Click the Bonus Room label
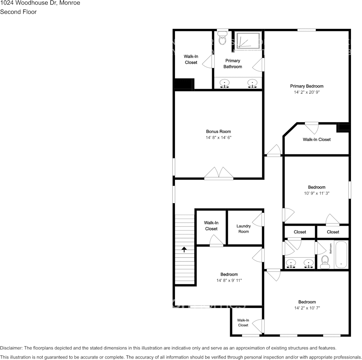[x=218, y=132]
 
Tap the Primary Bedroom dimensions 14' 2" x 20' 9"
[x=306, y=92]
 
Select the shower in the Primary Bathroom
[x=248, y=41]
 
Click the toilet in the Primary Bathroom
[x=222, y=39]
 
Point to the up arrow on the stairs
[x=184, y=250]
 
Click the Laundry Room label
[x=243, y=229]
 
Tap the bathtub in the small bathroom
[x=341, y=255]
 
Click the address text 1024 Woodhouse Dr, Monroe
[x=40, y=3]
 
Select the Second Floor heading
[x=18, y=12]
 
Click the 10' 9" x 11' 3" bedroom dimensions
[x=316, y=193]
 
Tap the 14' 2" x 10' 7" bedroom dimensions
[x=307, y=308]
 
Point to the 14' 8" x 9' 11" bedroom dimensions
[x=229, y=280]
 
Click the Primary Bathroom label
[x=232, y=64]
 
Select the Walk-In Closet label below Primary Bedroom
[x=317, y=140]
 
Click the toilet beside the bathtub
[x=325, y=261]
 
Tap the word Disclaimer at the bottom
[x=11, y=348]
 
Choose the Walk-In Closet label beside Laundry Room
[x=211, y=226]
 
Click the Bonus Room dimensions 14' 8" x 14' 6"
[x=218, y=138]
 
